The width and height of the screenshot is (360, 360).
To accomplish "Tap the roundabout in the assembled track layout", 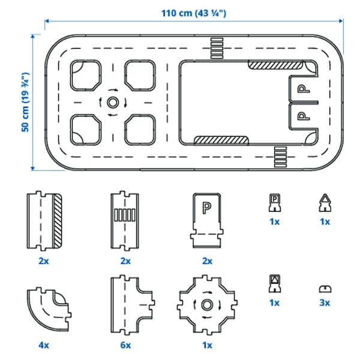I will [112, 103].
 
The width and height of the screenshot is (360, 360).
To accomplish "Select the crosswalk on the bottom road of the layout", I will [280, 158].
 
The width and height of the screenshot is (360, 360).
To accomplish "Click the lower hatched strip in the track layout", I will [221, 140].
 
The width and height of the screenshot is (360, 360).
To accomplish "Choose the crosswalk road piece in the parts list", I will [125, 220].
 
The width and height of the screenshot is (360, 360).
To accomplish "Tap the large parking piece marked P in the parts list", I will [207, 220].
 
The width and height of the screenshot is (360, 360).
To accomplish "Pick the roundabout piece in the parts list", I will [207, 305].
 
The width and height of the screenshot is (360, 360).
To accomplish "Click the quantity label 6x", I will [126, 345].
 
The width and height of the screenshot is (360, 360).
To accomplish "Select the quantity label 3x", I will [325, 303].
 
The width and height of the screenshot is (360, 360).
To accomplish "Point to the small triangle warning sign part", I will [325, 204].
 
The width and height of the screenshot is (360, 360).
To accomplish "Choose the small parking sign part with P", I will [274, 204].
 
